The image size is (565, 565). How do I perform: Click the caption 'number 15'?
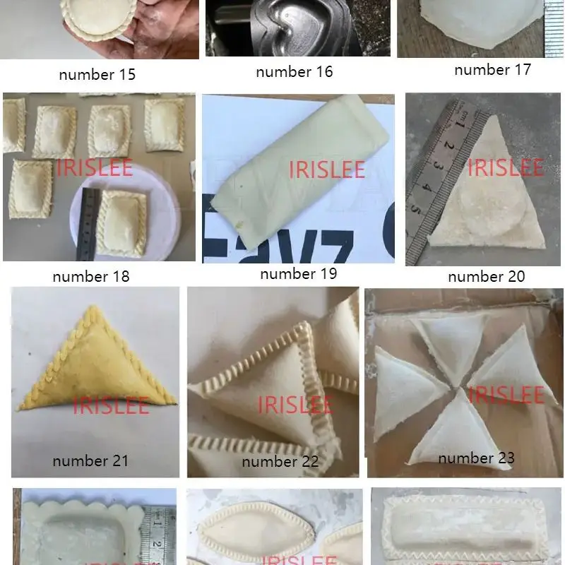pos(97,75)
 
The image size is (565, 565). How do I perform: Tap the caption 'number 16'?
pos(294,71)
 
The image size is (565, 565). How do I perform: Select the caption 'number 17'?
pos(492,69)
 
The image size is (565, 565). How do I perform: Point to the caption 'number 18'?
pos(91,276)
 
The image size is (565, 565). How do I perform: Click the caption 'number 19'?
pos(298,273)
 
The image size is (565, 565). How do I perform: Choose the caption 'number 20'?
pos(487,276)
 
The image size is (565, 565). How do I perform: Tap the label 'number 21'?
pos(90,460)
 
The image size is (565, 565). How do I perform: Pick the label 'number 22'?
pos(280,462)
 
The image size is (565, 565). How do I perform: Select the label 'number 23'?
pos(476,458)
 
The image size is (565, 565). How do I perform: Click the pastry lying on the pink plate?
pos(121,222)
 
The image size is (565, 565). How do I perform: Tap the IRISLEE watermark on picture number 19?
pos(327,169)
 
